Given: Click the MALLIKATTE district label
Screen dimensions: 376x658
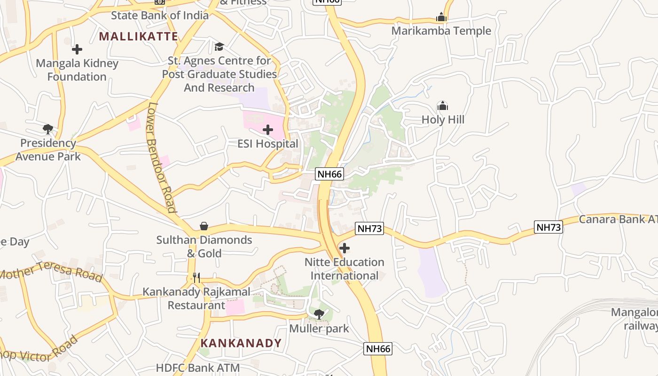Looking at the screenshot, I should [138, 36].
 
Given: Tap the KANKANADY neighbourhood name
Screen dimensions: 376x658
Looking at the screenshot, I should [241, 343].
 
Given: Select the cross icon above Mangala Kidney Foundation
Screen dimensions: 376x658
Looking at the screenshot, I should [77, 49].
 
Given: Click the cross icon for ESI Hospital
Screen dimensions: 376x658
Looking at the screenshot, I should [268, 130].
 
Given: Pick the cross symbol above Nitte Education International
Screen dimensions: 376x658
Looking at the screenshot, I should [345, 248].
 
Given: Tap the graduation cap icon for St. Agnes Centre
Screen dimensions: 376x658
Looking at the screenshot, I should [219, 47].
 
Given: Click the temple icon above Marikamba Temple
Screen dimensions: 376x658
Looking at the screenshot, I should [441, 17].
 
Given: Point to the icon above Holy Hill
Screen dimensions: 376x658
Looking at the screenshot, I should [443, 106].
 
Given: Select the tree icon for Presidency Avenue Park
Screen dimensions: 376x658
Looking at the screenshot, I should [47, 129].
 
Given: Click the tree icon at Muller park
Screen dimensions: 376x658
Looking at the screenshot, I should [319, 314].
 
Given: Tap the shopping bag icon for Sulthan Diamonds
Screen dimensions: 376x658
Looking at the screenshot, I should [204, 226].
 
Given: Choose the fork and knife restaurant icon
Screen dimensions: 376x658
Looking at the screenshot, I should [196, 278].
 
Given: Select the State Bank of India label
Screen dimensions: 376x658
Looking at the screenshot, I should [159, 15].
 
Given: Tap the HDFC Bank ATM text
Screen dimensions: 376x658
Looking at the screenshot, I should [198, 368].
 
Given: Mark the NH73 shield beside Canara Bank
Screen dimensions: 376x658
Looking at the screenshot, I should [548, 227].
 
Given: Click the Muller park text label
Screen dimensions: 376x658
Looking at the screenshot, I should [319, 328].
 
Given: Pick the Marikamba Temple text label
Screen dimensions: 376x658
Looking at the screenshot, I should [441, 31].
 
